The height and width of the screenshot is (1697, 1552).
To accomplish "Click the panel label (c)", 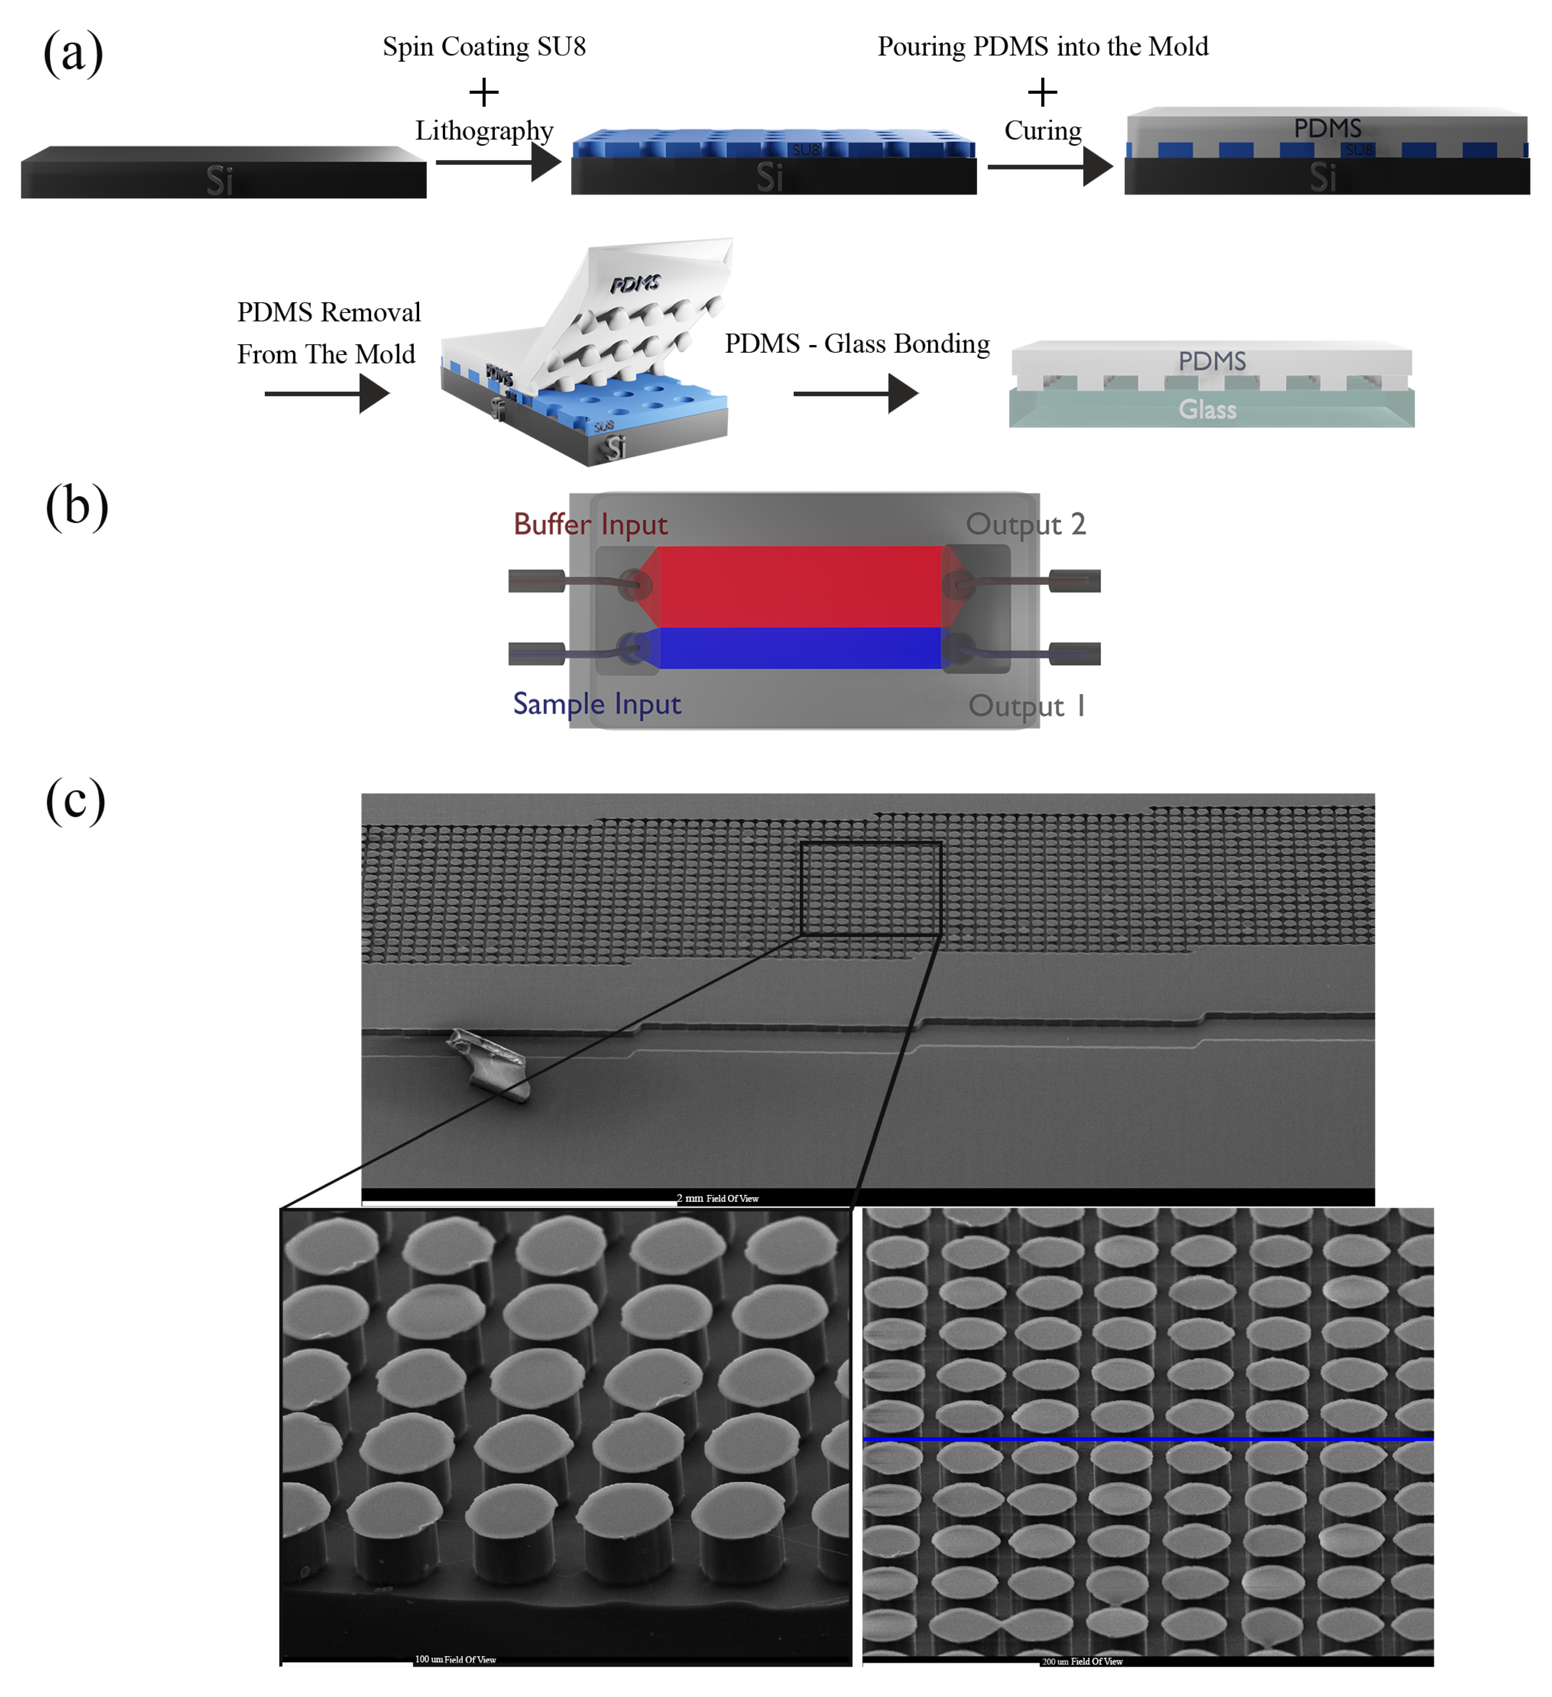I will click(x=76, y=799).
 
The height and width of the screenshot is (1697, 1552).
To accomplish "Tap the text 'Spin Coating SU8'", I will click(x=484, y=46).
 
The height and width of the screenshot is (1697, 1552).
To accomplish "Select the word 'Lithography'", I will click(x=484, y=131).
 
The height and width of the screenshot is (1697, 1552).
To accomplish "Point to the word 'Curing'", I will click(x=1043, y=131).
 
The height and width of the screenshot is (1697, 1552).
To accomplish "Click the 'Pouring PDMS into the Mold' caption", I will click(x=1043, y=46).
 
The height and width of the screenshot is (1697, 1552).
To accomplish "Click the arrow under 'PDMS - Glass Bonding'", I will click(x=854, y=393).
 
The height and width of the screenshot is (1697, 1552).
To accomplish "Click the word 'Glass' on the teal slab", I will click(x=1207, y=410).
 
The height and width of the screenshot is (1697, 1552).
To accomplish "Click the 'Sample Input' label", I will click(x=597, y=704).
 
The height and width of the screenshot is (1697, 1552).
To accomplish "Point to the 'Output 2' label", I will click(x=1025, y=525).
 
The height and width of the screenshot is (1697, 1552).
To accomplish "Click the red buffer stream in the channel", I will click(x=799, y=586).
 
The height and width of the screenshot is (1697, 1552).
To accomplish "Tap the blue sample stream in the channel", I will click(x=799, y=648).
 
